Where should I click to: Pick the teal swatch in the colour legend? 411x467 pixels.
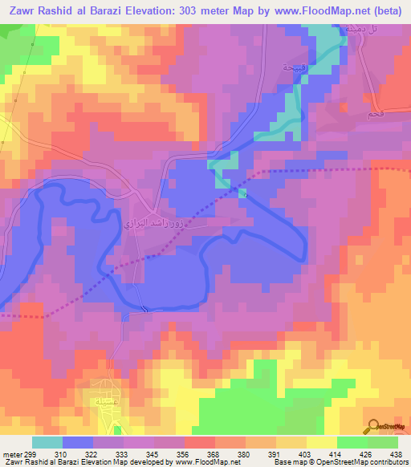47,442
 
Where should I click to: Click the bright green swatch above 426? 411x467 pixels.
353,442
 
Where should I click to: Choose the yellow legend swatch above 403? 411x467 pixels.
323,442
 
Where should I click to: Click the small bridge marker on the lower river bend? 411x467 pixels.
144,310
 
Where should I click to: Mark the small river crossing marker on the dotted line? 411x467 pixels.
244,193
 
